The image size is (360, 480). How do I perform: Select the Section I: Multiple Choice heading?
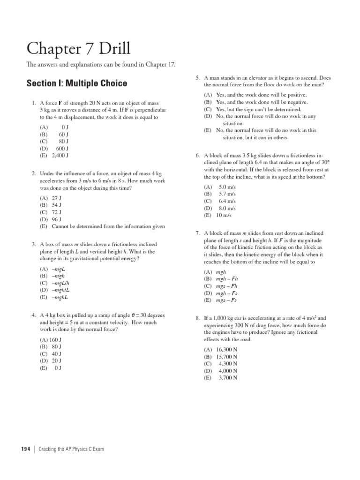[76, 83]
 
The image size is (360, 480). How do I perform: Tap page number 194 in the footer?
[25, 449]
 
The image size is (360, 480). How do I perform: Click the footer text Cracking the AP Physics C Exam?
[71, 449]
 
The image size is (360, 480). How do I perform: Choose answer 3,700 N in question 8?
[228, 377]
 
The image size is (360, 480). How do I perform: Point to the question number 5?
[198, 77]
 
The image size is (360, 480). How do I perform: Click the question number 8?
[198, 318]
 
